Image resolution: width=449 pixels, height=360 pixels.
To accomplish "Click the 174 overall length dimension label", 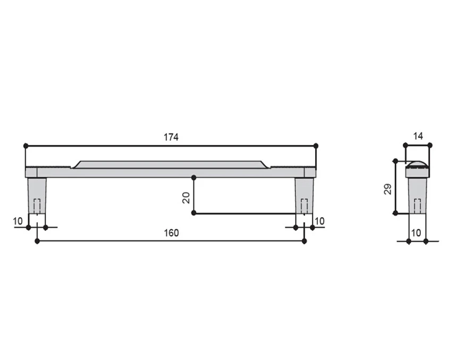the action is pyautogui.click(x=171, y=138).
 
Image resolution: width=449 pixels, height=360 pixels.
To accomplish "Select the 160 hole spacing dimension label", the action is pyautogui.click(x=171, y=233).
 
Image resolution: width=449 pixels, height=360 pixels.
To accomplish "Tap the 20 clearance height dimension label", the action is pyautogui.click(x=186, y=198).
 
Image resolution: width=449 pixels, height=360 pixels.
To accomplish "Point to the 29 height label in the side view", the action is pyautogui.click(x=388, y=189).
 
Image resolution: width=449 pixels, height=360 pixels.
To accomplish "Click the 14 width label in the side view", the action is pyautogui.click(x=418, y=136).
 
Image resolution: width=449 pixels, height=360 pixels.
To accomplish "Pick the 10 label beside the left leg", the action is pyautogui.click(x=18, y=221).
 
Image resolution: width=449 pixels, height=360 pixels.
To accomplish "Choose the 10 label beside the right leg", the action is pyautogui.click(x=319, y=221).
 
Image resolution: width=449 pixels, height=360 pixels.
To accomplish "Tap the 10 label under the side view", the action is pyautogui.click(x=416, y=233).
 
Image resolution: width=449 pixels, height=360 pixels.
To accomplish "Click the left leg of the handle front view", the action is pyautogui.click(x=37, y=196).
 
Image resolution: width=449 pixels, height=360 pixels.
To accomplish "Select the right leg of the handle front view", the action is pyautogui.click(x=304, y=196).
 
